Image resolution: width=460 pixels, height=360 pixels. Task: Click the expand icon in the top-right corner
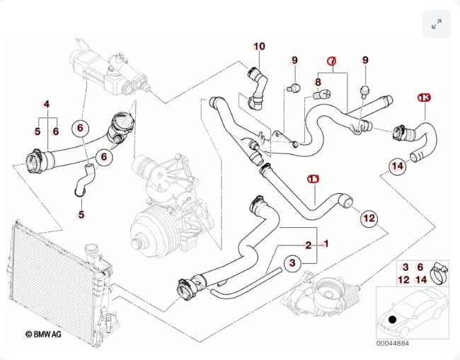tap(436, 24)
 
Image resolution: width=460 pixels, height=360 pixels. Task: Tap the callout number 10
tap(260, 47)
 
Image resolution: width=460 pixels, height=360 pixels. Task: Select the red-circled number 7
tap(332, 62)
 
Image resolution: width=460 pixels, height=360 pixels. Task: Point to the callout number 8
tap(318, 83)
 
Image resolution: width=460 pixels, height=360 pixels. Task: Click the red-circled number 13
tap(424, 97)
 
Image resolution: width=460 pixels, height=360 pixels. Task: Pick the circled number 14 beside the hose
tap(398, 166)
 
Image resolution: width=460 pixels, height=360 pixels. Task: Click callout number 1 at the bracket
tap(326, 244)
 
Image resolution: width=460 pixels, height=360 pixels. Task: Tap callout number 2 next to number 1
tap(309, 245)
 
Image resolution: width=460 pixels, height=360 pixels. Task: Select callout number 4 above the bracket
tap(47, 105)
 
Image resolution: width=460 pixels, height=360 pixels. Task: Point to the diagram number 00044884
tap(392, 344)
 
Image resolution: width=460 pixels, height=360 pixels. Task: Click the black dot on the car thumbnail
tap(393, 319)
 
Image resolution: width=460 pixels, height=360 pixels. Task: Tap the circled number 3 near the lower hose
tap(292, 263)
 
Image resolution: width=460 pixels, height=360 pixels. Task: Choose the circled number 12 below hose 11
tap(369, 219)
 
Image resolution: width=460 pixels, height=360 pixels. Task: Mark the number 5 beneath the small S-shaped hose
tap(81, 214)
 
